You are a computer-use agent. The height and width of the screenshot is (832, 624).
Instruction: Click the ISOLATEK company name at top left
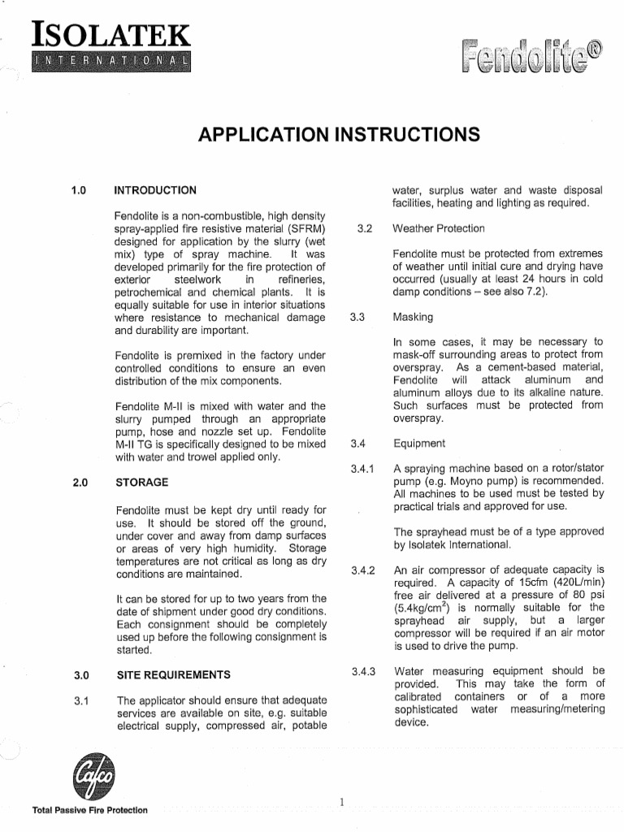click(x=110, y=37)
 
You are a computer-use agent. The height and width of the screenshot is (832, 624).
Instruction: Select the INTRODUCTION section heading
click(x=155, y=191)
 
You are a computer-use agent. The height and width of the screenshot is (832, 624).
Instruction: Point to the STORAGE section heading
click(x=142, y=482)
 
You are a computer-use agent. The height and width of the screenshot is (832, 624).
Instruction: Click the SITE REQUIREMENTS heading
click(x=174, y=674)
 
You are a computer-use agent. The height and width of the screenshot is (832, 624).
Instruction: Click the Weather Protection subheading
click(x=438, y=228)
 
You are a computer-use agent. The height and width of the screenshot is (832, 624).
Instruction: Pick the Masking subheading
click(x=413, y=316)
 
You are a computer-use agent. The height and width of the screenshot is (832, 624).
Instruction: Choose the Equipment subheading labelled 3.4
click(x=419, y=444)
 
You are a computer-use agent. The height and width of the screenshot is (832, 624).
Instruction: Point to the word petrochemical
click(x=153, y=292)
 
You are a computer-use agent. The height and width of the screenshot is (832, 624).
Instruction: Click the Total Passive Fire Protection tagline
click(x=89, y=810)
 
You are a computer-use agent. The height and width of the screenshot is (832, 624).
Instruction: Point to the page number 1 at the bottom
click(x=343, y=803)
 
